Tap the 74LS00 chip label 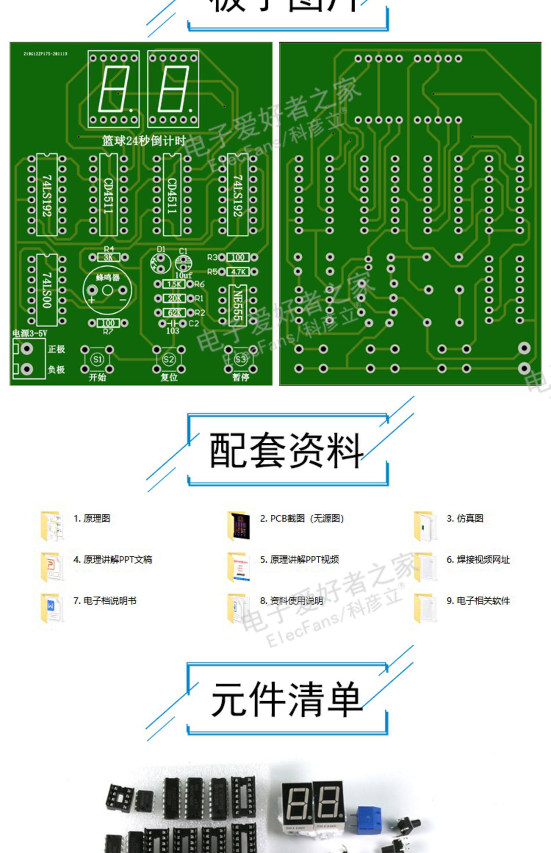click(x=47, y=290)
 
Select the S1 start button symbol click(x=97, y=359)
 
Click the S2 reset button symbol click(x=169, y=359)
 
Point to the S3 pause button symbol click(x=241, y=359)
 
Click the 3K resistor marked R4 click(x=109, y=257)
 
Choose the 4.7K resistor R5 click(x=238, y=272)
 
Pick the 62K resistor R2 click(x=174, y=313)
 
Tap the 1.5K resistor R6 click(x=174, y=284)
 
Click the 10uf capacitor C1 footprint click(x=183, y=263)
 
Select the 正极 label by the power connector click(x=56, y=349)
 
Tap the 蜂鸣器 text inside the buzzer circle click(x=108, y=277)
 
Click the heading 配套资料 click(x=286, y=450)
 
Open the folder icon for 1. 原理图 click(x=51, y=526)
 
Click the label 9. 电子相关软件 click(x=478, y=601)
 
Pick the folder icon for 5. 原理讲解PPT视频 click(x=238, y=567)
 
